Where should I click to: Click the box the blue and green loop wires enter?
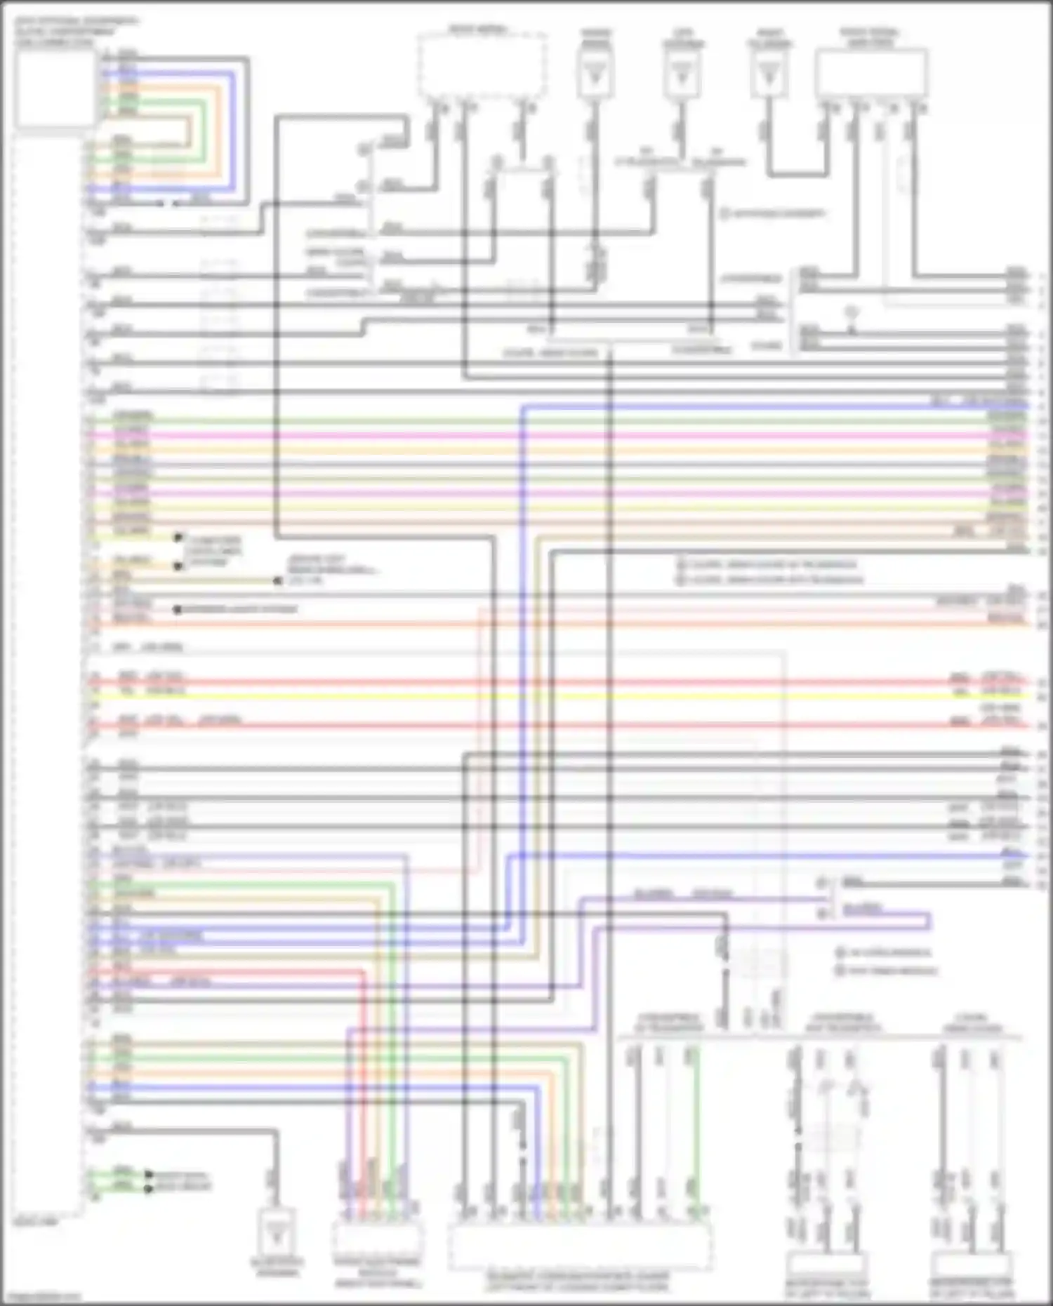[55, 88]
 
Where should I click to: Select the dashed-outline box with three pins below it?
[483, 65]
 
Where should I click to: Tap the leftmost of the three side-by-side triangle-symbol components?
[595, 74]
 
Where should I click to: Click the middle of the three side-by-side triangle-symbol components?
[681, 74]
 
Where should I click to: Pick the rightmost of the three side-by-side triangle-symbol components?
[769, 74]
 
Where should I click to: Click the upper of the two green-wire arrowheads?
[149, 1174]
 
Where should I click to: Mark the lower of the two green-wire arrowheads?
[149, 1188]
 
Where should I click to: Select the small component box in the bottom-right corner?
[972, 1263]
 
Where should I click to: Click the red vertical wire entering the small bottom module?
[364, 1088]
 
